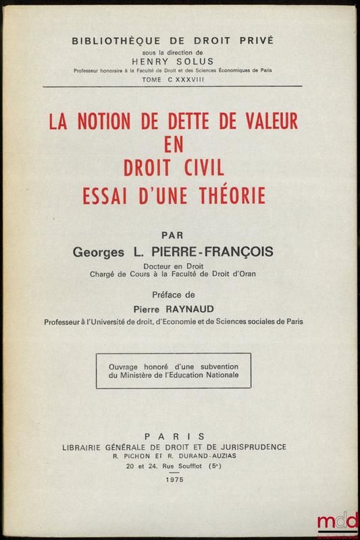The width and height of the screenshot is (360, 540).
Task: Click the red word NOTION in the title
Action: pos(103,122)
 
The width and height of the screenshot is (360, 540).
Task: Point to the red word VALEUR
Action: pos(269,122)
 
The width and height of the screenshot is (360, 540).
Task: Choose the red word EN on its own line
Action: pos(173,144)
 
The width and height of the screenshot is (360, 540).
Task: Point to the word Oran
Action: pos(247,274)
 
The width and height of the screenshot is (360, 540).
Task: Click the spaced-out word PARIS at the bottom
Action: pos(174,436)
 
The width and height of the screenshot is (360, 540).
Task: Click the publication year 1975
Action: pos(174,479)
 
